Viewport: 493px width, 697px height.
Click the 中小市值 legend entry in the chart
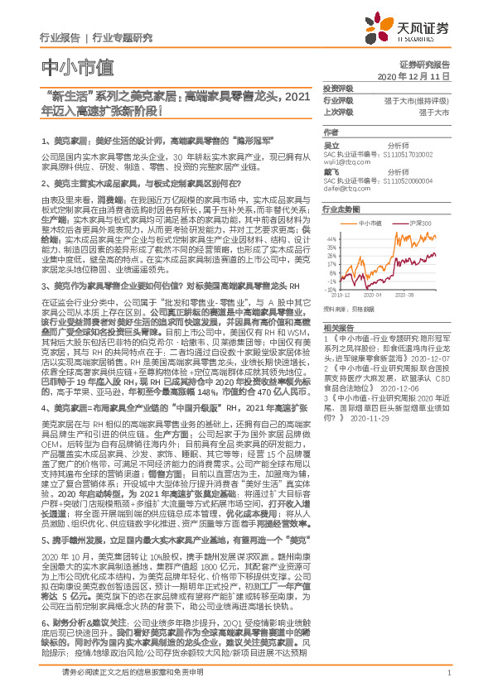[370, 224]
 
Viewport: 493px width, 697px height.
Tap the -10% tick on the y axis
[329, 290]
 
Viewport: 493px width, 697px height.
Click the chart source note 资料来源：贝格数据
[351, 308]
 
